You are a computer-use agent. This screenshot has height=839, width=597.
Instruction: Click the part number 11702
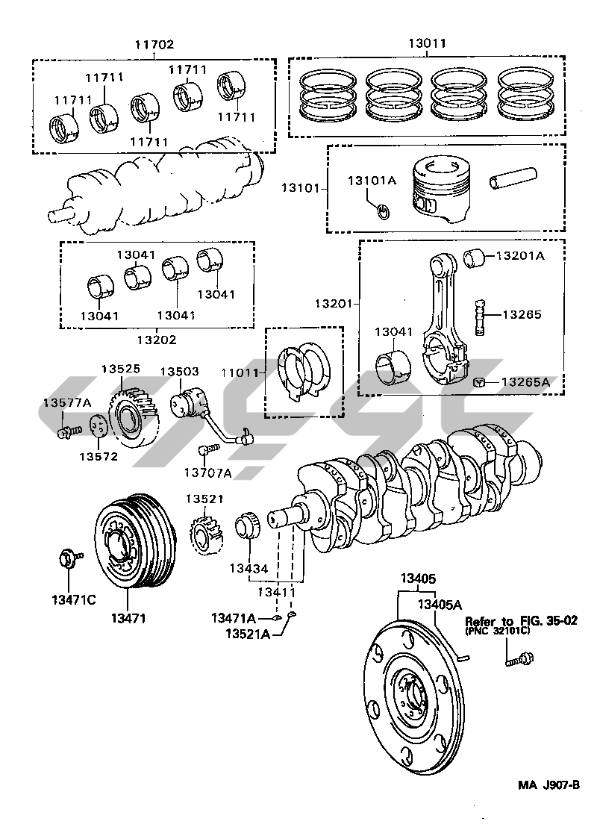coord(154,45)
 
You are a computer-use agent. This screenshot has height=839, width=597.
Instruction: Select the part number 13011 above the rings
coord(427,44)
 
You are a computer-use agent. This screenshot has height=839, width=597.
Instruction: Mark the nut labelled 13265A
coord(480,382)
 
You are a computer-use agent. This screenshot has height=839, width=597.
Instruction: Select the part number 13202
coord(156,340)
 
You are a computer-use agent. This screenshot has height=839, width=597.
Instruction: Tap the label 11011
coord(239,372)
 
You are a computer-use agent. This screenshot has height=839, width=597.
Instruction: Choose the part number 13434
coord(249,570)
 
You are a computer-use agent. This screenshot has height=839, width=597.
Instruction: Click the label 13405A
coord(440,604)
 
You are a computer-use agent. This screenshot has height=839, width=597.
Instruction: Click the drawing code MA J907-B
coord(548,785)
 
